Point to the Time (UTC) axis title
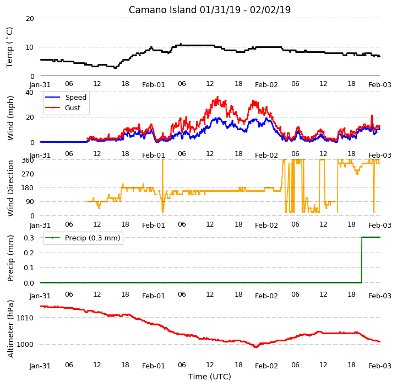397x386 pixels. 210,377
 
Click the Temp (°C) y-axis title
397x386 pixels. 9,47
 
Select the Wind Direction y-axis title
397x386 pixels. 10,188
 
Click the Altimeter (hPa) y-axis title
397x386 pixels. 10,329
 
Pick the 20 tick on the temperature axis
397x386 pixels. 30,19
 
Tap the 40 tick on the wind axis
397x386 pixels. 30,92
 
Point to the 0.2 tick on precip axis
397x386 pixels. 29,253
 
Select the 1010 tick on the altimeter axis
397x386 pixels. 25,318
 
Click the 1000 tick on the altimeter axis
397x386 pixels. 25,345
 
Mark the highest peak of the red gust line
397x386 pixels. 217,96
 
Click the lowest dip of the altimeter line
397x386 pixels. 255,347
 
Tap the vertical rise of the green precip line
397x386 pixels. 362,260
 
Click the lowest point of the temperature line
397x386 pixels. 115,68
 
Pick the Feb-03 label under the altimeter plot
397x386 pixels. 380,366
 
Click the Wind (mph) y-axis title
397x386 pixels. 10,118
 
